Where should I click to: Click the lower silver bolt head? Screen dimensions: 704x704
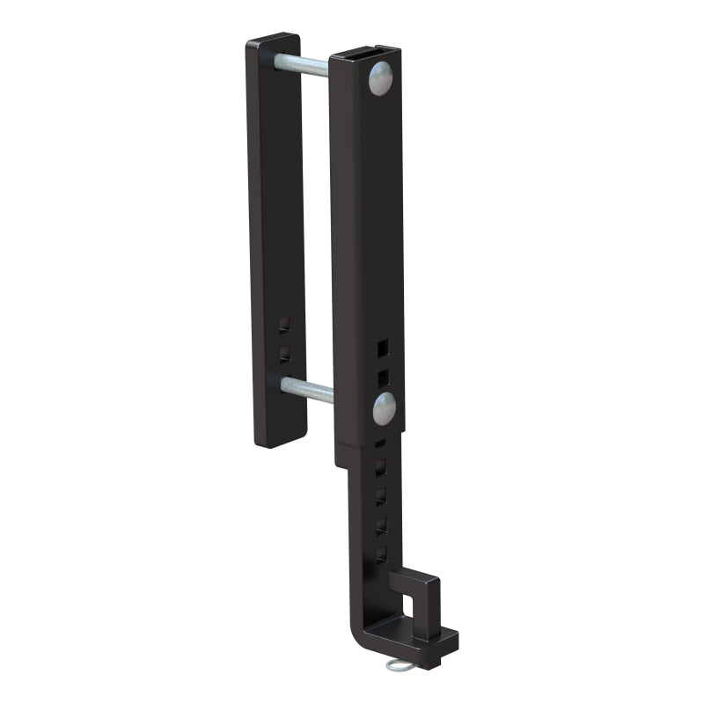pyautogui.click(x=384, y=407)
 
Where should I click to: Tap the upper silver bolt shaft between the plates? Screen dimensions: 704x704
pyautogui.click(x=304, y=63)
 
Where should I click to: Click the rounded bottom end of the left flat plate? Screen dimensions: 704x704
pyautogui.click(x=280, y=440)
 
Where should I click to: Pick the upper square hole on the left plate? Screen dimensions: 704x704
pyautogui.click(x=282, y=325)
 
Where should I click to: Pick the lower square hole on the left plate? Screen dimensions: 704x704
pyautogui.click(x=282, y=354)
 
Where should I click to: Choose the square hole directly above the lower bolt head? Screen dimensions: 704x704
pyautogui.click(x=382, y=378)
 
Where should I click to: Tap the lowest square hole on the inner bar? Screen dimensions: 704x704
pyautogui.click(x=380, y=555)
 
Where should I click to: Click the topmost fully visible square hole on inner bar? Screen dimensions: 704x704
pyautogui.click(x=380, y=466)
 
